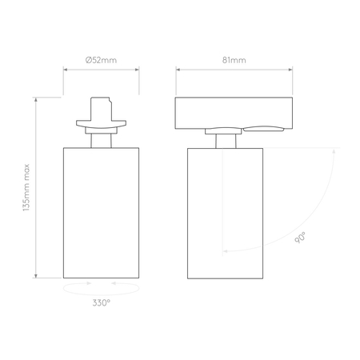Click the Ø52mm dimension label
(x=101, y=60)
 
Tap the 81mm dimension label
(x=234, y=60)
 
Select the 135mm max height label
(x=26, y=187)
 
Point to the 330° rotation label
(x=102, y=302)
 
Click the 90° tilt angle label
(x=300, y=238)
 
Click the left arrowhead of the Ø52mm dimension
(x=66, y=70)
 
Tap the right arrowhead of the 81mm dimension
(x=290, y=70)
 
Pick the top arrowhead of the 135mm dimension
(x=36, y=99)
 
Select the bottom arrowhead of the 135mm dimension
(x=36, y=276)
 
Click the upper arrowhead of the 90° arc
(x=334, y=151)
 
